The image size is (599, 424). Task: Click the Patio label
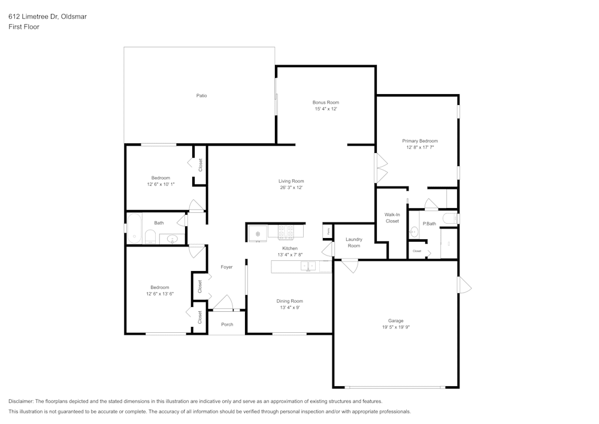pyautogui.click(x=201, y=95)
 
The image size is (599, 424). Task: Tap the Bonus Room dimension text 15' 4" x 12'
pyautogui.click(x=326, y=109)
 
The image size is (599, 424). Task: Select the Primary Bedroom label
pyautogui.click(x=419, y=141)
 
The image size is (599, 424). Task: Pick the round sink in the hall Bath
pyautogui.click(x=173, y=239)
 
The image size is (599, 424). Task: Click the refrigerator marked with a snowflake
pyautogui.click(x=258, y=233)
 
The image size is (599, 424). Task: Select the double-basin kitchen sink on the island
pyautogui.click(x=308, y=266)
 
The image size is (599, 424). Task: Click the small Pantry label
pyautogui.click(x=328, y=230)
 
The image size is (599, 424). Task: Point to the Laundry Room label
pyautogui.click(x=354, y=242)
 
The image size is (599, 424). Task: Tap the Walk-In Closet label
pyautogui.click(x=392, y=218)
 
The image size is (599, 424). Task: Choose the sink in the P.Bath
pyautogui.click(x=414, y=231)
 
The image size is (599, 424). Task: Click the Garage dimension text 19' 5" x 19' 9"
pyautogui.click(x=395, y=327)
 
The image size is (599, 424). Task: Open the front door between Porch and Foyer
pyautogui.click(x=224, y=303)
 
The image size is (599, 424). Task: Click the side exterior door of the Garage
pyautogui.click(x=464, y=285)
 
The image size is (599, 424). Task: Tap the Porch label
pyautogui.click(x=227, y=324)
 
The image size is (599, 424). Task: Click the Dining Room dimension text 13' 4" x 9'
pyautogui.click(x=289, y=308)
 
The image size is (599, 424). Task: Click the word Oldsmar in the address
pyautogui.click(x=74, y=17)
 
